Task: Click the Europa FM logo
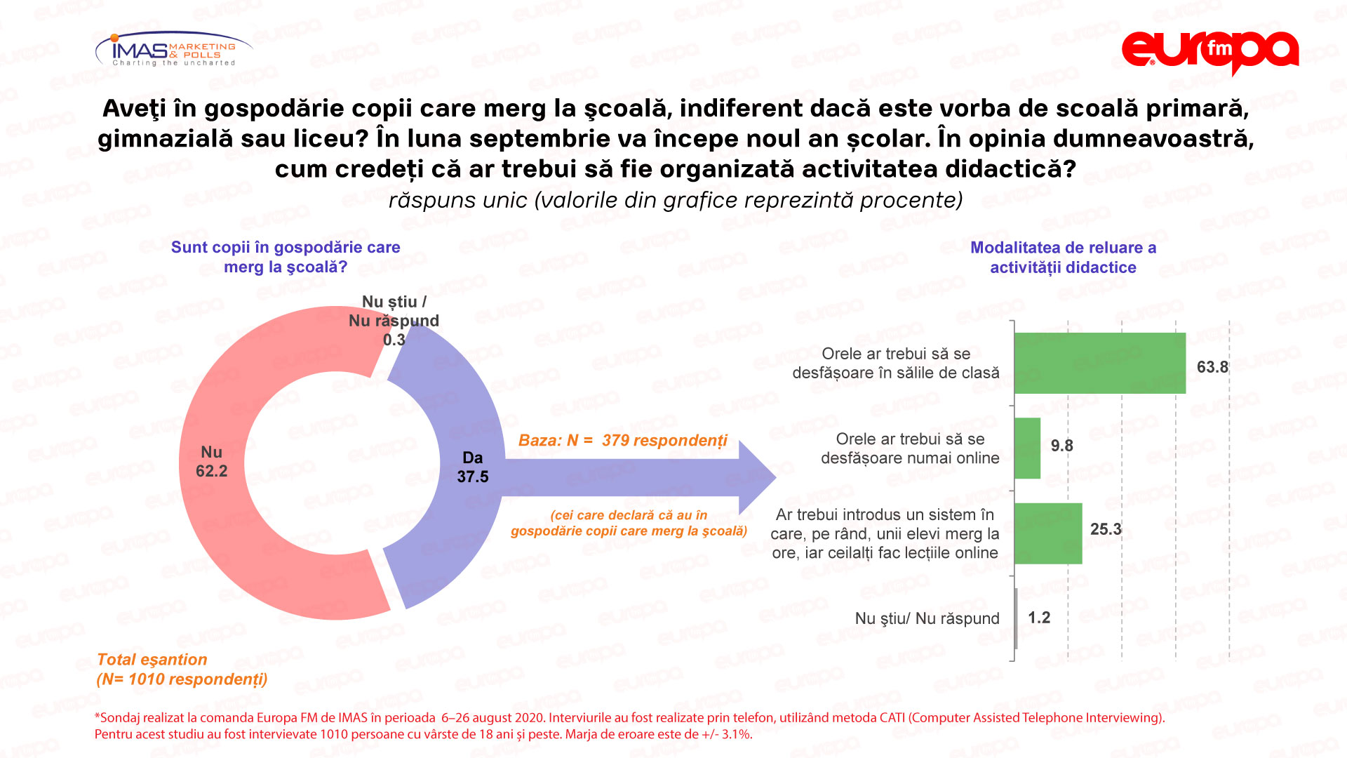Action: (1209, 51)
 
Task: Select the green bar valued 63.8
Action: (1099, 363)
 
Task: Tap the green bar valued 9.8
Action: (1027, 448)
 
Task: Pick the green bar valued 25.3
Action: (1048, 533)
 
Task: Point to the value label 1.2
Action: (1039, 618)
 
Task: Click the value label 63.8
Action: (1212, 367)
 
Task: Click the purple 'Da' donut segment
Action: (449, 533)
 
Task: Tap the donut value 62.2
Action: (211, 471)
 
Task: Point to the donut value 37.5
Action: (472, 477)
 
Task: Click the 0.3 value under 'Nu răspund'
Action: (394, 340)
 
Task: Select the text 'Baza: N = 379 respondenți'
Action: (622, 441)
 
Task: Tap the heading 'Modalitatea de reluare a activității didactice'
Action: (1063, 258)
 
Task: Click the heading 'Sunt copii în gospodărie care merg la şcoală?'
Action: (286, 257)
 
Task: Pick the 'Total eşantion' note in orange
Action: (152, 660)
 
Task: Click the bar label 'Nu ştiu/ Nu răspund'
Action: (927, 618)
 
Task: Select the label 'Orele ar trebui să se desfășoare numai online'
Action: (910, 448)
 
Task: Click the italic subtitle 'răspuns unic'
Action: (457, 201)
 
